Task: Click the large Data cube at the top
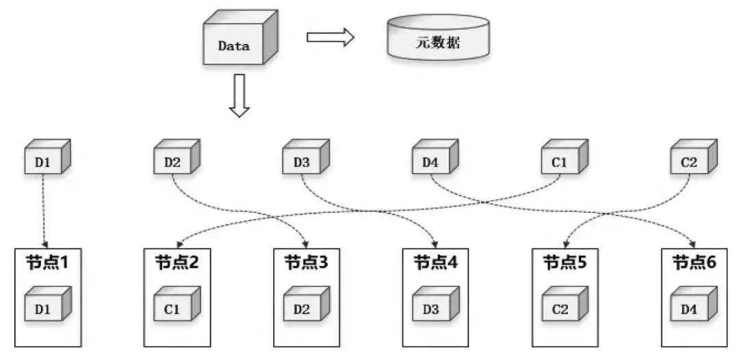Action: (236, 42)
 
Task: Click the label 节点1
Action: (47, 261)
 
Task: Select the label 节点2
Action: (177, 261)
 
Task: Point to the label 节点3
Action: (305, 261)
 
